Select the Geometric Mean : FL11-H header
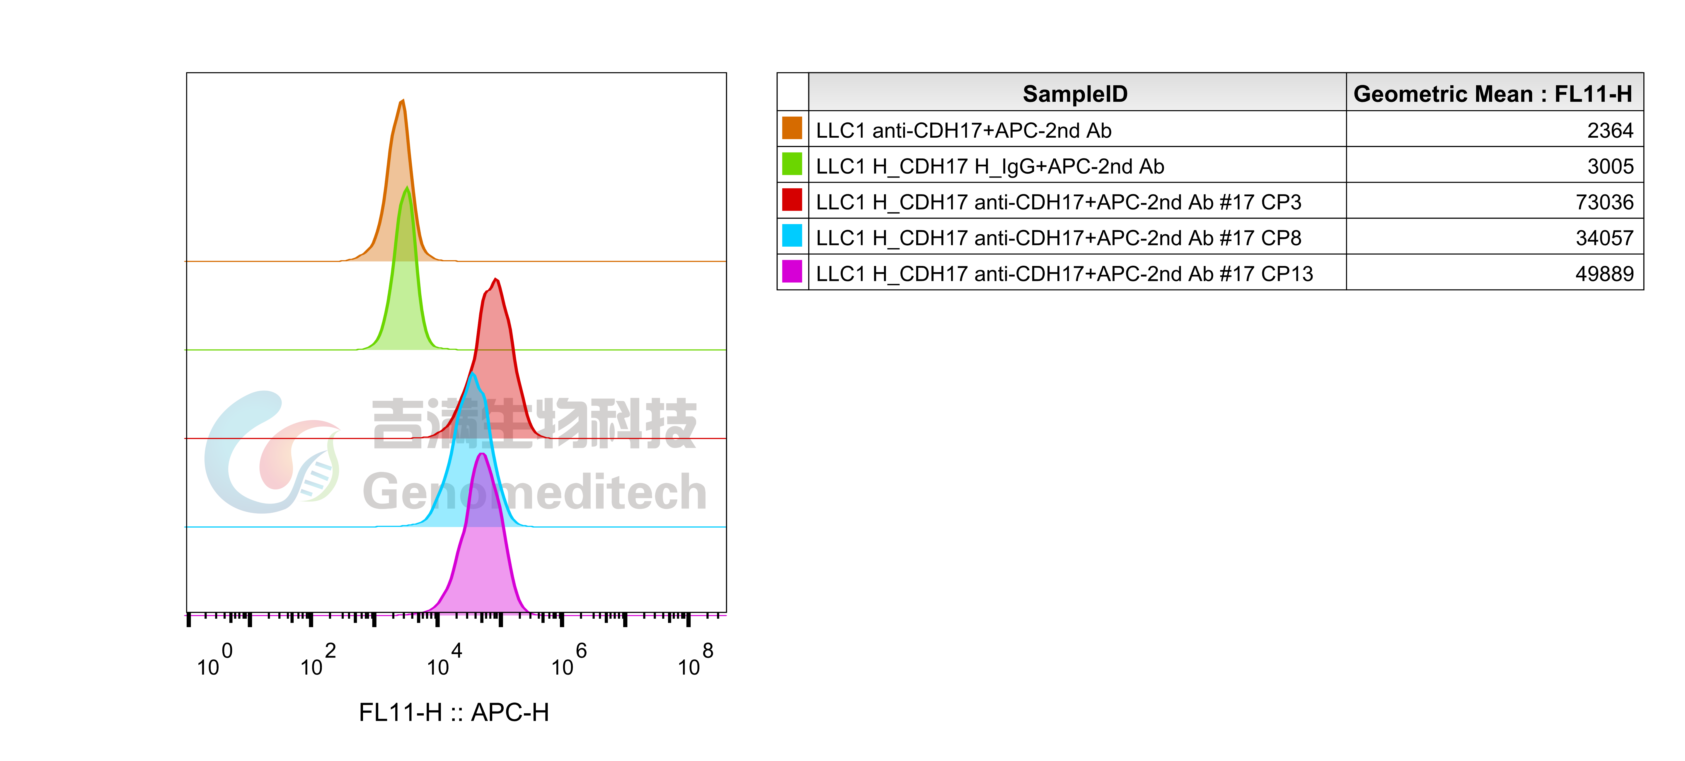(x=1493, y=93)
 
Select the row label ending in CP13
(x=1064, y=274)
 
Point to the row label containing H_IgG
(x=990, y=167)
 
